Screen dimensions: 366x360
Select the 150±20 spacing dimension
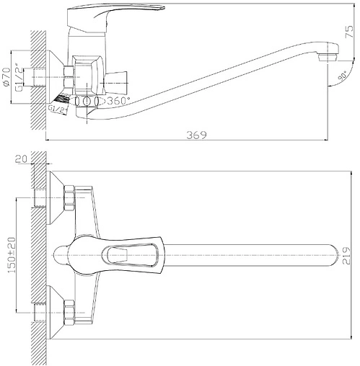(x=10, y=254)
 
